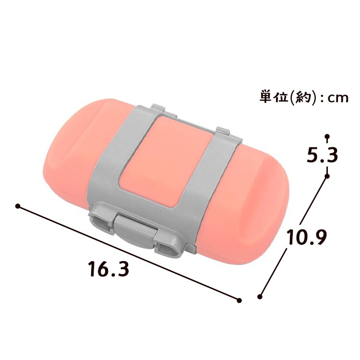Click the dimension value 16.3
pyautogui.click(x=109, y=269)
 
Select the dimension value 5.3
pyautogui.click(x=322, y=154)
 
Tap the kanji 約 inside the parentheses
pyautogui.click(x=302, y=98)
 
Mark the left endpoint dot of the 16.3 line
pyautogui.click(x=17, y=206)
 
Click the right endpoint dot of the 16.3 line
pyautogui.click(x=239, y=300)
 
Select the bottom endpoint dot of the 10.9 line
pyautogui.click(x=260, y=297)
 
